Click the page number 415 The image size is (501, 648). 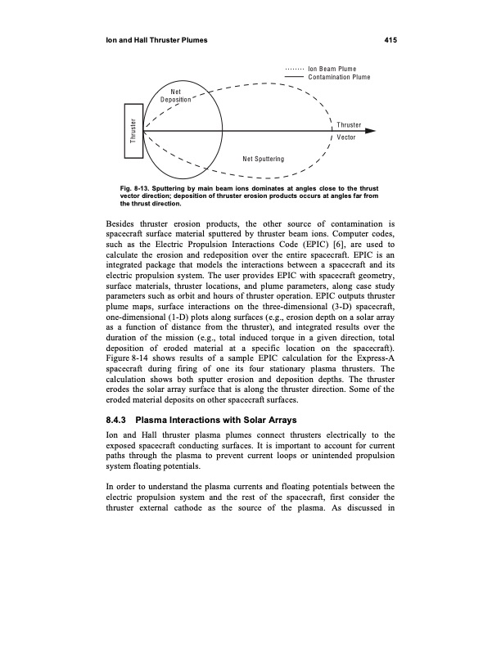[389, 39]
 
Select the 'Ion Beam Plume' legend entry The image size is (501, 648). [335, 68]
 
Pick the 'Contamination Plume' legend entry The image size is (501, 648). [339, 76]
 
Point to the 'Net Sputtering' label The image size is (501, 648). [263, 158]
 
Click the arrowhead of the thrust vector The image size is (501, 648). [371, 131]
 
